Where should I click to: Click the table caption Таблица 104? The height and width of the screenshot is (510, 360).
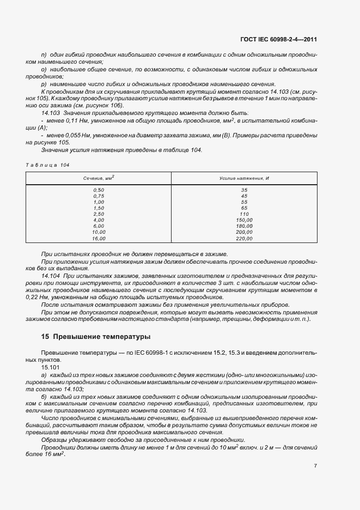(48, 165)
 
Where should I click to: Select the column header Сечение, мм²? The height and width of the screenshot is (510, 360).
(99, 178)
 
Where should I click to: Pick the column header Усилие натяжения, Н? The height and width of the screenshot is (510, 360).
(244, 178)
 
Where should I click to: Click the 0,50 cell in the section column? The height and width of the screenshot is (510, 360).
(99, 189)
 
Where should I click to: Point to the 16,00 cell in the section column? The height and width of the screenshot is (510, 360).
(99, 238)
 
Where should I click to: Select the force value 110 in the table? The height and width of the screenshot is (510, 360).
(244, 214)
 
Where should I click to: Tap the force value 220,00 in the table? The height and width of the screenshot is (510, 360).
(244, 238)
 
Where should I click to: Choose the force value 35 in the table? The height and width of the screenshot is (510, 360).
(244, 189)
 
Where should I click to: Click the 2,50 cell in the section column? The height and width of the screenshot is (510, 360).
(99, 214)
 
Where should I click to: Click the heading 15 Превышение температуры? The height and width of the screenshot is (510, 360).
(96, 337)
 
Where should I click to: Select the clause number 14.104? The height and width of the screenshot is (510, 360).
(52, 276)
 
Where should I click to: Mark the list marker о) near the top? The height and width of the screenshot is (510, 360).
(44, 70)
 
